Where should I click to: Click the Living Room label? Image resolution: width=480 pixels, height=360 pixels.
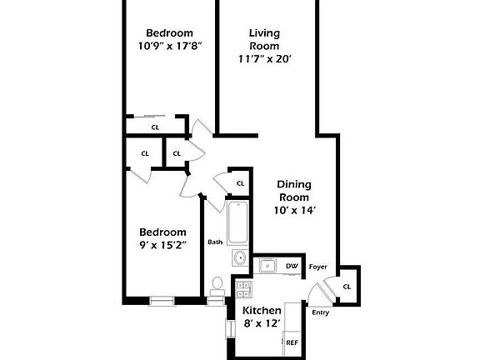tap(264, 39)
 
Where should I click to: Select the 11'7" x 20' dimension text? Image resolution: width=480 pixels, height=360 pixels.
tap(264, 60)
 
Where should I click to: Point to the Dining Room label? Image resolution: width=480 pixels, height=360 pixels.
tap(295, 191)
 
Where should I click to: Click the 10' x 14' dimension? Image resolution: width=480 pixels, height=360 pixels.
tap(295, 211)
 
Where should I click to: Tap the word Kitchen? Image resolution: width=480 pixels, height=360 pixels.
tap(262, 310)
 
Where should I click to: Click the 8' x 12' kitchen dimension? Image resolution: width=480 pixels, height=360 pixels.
tap(262, 322)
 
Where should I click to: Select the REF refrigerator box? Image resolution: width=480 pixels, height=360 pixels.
tap(292, 341)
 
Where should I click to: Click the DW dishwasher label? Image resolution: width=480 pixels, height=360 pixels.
tap(292, 267)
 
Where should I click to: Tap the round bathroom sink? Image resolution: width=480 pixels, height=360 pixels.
tap(239, 257)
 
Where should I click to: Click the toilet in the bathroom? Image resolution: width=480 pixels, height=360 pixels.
tap(217, 287)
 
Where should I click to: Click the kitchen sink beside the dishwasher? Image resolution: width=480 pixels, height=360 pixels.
tap(267, 266)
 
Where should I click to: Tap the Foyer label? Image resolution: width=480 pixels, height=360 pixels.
tap(317, 267)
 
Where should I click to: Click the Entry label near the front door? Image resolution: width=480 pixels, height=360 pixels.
tap(320, 313)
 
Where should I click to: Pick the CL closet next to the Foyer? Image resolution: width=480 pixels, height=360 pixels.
tap(347, 286)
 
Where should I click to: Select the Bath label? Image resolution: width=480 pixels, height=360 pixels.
tap(215, 242)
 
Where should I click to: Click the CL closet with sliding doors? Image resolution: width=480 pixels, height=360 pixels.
tap(155, 127)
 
